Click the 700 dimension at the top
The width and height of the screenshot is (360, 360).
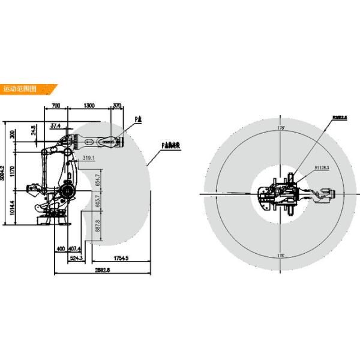[56, 106]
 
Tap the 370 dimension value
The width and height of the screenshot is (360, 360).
[118, 106]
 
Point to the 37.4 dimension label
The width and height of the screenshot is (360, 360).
[56, 126]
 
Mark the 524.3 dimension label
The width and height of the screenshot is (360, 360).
[76, 259]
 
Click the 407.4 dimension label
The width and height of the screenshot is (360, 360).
[74, 248]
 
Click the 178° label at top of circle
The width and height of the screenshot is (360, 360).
[281, 128]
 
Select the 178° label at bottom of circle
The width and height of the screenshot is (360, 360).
[281, 256]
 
